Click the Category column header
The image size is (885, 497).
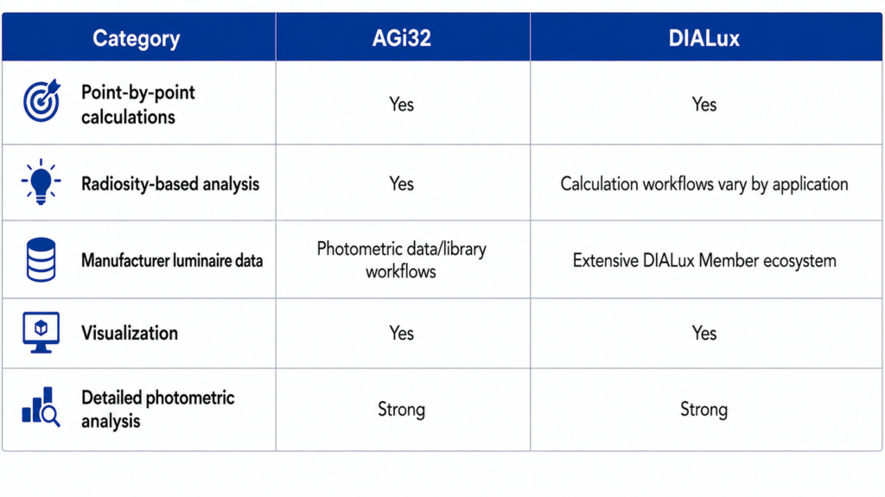coord(136,38)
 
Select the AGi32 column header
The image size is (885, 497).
coord(401,38)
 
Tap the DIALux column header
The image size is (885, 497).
coord(704,38)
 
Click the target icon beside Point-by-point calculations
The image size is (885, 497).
coord(41,100)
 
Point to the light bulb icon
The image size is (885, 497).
coord(41,182)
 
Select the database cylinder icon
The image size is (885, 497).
coord(41,259)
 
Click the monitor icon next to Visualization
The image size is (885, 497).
coord(41,333)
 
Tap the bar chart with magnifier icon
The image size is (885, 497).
coord(41,407)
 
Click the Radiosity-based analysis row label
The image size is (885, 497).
coord(170,184)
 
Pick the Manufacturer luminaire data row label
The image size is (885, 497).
coord(172,260)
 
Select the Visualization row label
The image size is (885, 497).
coord(130,334)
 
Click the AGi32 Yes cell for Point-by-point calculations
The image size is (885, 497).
coord(401,105)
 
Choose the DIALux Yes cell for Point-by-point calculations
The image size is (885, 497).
coord(704,105)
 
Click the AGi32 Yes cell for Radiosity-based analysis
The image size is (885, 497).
coord(401,183)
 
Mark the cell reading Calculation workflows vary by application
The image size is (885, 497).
coord(704,184)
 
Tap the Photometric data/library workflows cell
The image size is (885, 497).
coord(401,260)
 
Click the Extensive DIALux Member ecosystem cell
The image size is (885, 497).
coord(704,260)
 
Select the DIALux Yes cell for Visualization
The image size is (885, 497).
coord(704,334)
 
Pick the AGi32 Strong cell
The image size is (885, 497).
coord(401,410)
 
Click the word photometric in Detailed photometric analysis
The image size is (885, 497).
coord(189,398)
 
